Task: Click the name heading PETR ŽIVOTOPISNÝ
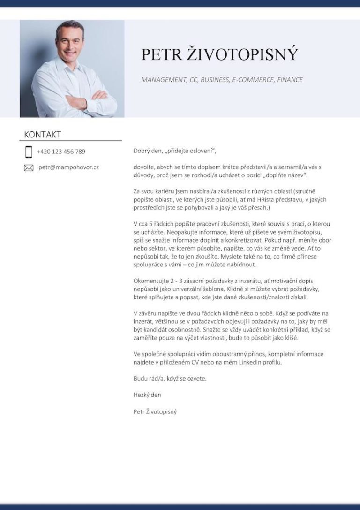click(219, 54)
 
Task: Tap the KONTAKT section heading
click(42, 135)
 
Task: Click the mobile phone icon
click(29, 152)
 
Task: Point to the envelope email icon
click(29, 167)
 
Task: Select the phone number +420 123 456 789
click(61, 152)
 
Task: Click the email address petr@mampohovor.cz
click(68, 167)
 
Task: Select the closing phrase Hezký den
click(147, 395)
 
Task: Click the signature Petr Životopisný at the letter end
click(155, 411)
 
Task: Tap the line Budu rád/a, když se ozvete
click(170, 379)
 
